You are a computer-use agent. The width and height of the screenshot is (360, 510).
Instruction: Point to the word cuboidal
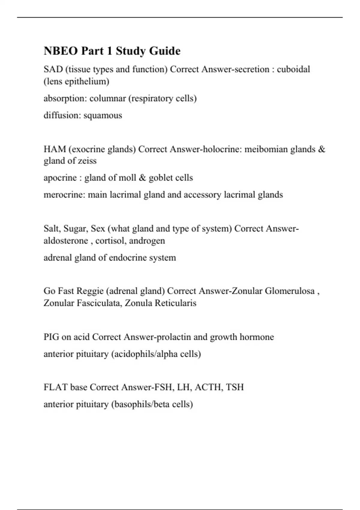pyautogui.click(x=293, y=69)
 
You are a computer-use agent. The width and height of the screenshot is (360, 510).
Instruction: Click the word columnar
pyautogui.click(x=108, y=98)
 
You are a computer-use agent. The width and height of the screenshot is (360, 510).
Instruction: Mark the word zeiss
pyautogui.click(x=87, y=161)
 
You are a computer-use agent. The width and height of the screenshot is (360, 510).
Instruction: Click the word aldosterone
pyautogui.click(x=66, y=241)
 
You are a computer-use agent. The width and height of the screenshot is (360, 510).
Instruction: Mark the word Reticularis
pyautogui.click(x=175, y=303)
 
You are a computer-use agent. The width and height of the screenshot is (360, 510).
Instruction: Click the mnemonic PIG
pyautogui.click(x=51, y=337)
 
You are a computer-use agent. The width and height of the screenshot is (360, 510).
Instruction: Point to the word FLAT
pyautogui.click(x=55, y=387)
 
